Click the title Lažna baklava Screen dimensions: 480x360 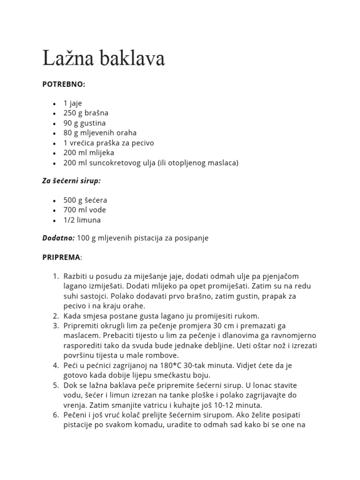point(104,59)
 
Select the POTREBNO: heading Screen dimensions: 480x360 point(64,84)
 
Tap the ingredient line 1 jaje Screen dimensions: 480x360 point(73,103)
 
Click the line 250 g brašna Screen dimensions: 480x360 point(86,113)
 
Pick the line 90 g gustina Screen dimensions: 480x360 point(84,123)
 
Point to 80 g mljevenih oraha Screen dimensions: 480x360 point(100,133)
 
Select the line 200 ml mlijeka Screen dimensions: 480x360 point(89,152)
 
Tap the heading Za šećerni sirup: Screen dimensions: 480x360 point(71,181)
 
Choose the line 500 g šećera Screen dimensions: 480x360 point(85,200)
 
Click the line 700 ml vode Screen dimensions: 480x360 point(84,210)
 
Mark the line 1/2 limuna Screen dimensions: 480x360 point(82,220)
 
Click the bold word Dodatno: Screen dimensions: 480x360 point(59,238)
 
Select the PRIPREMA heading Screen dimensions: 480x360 point(61,257)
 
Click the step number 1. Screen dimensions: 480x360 point(55,276)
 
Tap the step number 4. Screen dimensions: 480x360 point(55,365)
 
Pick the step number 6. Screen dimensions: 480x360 point(55,415)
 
